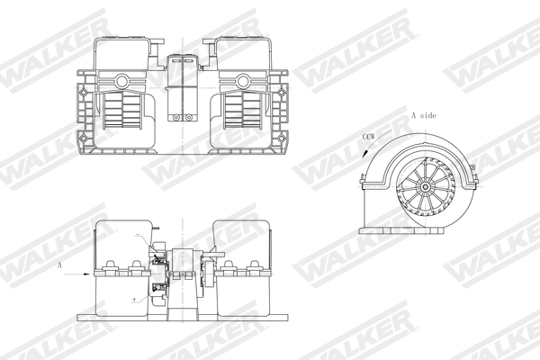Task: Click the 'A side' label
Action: point(426,116)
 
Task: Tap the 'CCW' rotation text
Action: point(368,135)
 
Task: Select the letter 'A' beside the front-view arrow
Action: point(58,266)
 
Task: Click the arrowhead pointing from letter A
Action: point(90,273)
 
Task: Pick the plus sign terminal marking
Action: point(134,296)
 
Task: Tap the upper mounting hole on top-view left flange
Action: point(85,91)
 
